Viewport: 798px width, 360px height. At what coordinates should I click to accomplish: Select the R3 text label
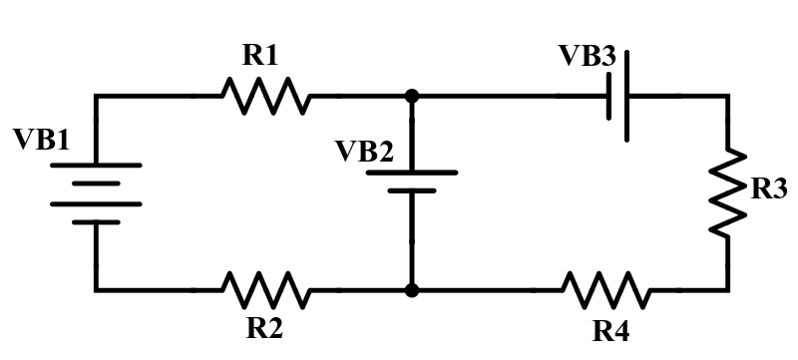point(769,190)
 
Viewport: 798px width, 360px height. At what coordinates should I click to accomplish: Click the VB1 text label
point(42,141)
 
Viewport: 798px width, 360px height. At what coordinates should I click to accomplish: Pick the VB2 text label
point(364,152)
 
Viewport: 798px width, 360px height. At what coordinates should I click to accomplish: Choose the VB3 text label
point(587,56)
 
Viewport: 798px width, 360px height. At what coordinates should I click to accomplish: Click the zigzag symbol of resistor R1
point(264,97)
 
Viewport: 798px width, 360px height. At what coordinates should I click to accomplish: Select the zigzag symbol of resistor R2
point(264,290)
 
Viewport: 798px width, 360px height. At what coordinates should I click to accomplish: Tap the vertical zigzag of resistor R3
point(727,192)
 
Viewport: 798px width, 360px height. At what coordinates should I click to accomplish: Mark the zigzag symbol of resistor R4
point(606,290)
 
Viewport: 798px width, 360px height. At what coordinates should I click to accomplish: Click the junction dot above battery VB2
point(412,97)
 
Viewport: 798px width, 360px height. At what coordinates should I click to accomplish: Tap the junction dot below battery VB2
point(412,290)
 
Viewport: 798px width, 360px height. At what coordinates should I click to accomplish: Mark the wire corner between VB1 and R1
point(96,97)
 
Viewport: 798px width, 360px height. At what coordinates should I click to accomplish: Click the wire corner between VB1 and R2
point(96,290)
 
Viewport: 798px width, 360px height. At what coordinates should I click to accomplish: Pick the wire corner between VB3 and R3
point(727,97)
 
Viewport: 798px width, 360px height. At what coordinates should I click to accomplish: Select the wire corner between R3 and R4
point(727,290)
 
